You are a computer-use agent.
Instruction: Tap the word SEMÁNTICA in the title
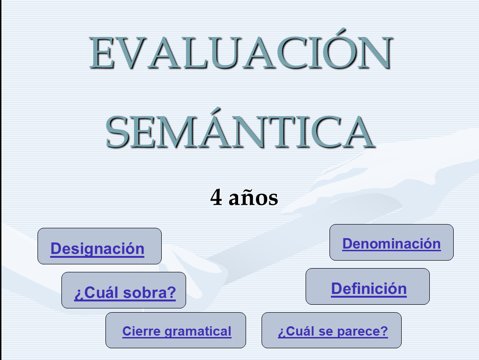[x=240, y=128]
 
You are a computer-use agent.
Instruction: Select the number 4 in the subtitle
[x=216, y=197]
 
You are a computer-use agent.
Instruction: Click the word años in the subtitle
[x=253, y=197]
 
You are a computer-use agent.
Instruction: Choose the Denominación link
[x=391, y=244]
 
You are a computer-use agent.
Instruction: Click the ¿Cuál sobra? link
[x=125, y=293]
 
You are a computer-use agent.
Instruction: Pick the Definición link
[x=369, y=289]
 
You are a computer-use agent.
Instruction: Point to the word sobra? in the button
[x=150, y=293]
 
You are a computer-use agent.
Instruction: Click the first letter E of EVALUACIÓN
[x=102, y=52]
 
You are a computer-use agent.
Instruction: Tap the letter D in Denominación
[x=348, y=244]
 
